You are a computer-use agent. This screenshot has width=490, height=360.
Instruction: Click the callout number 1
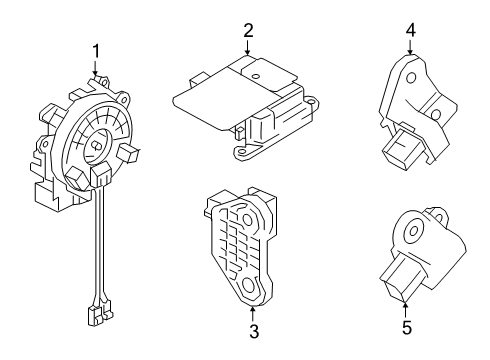[96, 50]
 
